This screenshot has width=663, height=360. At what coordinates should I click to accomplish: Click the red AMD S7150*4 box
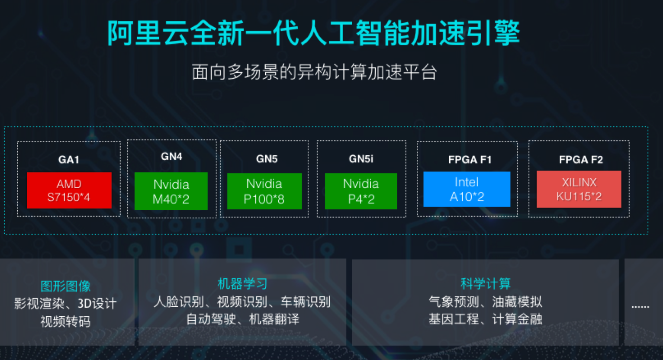coord(69,190)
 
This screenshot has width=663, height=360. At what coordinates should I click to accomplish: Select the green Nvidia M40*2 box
coord(171,191)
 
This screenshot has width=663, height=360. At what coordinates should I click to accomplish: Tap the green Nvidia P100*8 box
coord(264,191)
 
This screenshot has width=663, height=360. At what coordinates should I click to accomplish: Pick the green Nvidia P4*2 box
coord(361,191)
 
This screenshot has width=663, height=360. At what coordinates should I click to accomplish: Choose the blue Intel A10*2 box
coord(467,189)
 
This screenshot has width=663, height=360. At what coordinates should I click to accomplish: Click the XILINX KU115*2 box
coord(579,189)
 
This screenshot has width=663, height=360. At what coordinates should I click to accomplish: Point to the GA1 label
coord(69,160)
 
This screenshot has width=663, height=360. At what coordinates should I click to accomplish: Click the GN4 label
coord(171,157)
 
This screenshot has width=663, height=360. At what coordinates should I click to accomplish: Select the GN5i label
coord(361,159)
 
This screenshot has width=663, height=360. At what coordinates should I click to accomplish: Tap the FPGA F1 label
coord(470,160)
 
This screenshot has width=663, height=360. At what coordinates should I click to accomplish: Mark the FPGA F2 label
coord(581,160)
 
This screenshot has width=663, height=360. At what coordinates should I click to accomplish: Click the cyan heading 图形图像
coord(65,286)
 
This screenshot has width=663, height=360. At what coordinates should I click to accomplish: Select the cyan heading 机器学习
coord(242,284)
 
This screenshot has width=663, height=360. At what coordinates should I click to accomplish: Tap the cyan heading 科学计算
coord(486,284)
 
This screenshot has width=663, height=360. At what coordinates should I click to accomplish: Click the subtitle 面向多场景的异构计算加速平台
coord(314,72)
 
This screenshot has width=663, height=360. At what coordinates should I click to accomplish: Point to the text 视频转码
coord(65,321)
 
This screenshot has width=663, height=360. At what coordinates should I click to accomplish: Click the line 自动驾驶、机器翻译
coord(242,319)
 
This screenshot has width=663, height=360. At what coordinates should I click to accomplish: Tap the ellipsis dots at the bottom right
coord(640,307)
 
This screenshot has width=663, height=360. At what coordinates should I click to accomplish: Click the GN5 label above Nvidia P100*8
coord(267,159)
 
